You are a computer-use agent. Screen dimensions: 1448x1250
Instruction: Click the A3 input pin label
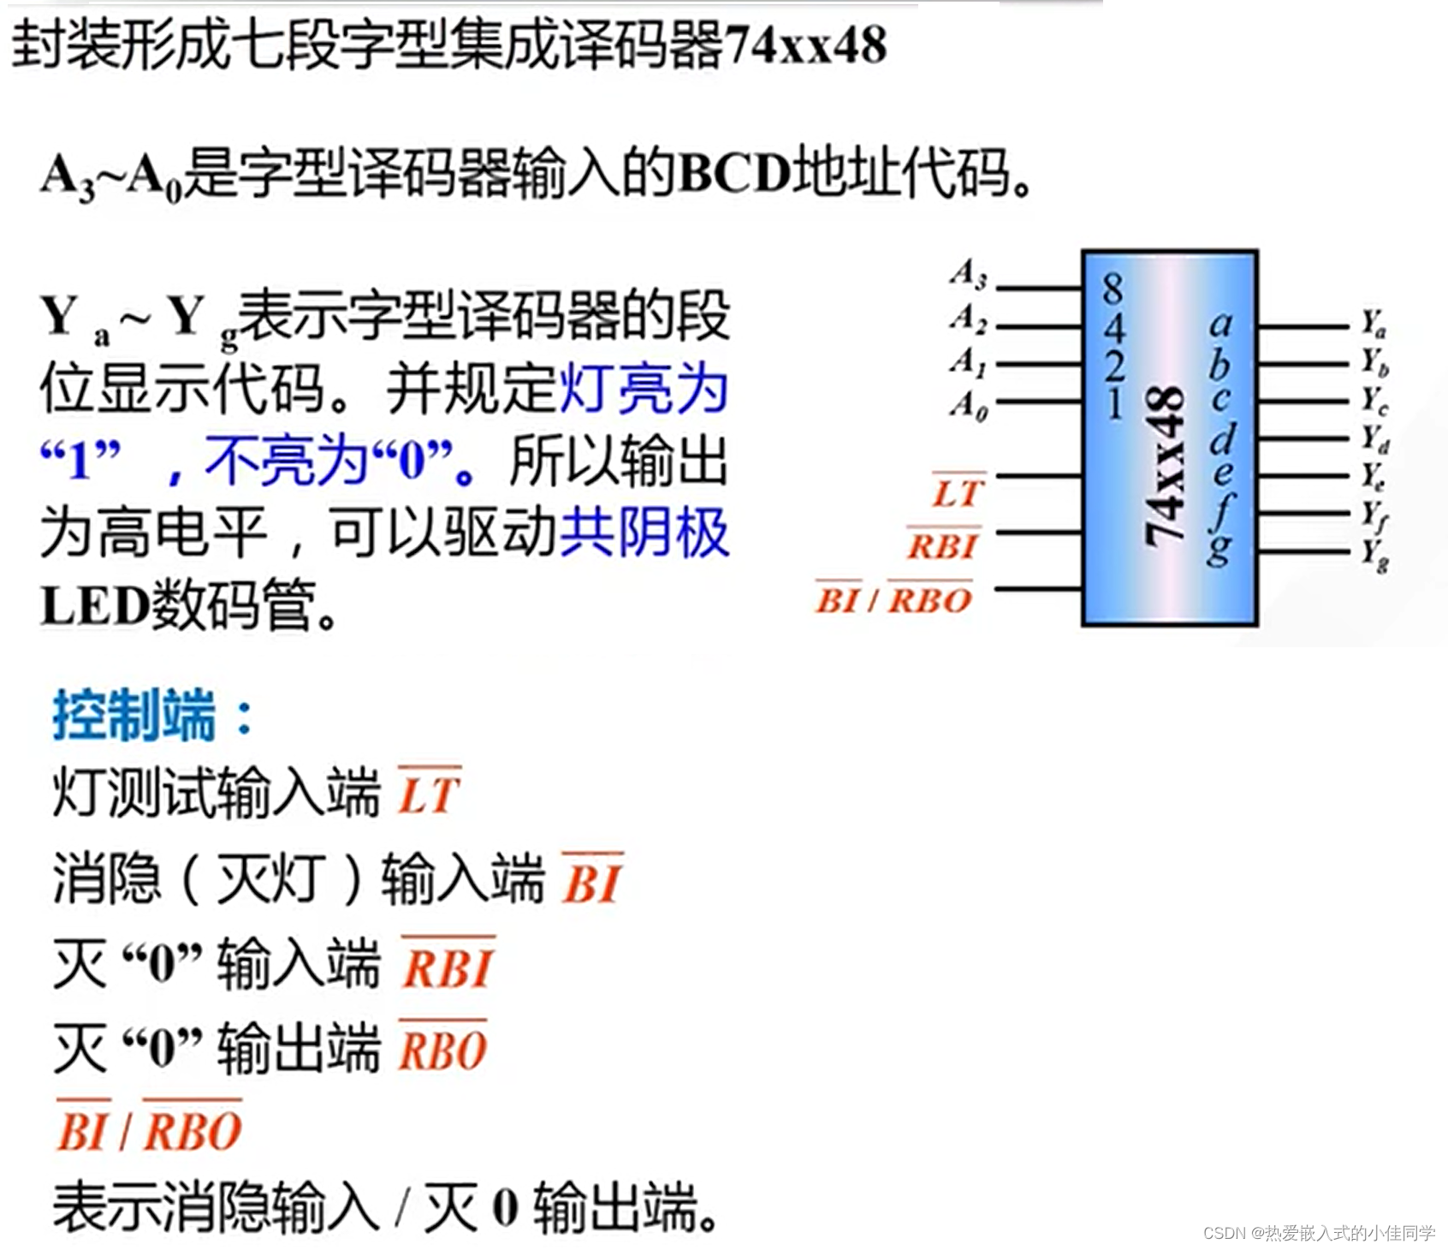[969, 275]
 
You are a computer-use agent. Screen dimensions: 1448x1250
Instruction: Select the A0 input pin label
[969, 404]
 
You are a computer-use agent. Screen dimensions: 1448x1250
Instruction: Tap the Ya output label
[1374, 324]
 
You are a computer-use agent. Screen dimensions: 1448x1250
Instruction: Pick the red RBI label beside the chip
[942, 545]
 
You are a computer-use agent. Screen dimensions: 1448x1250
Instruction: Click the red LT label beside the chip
[958, 493]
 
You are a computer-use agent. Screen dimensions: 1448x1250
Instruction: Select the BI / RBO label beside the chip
[893, 599]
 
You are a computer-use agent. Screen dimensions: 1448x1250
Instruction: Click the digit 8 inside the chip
[1113, 289]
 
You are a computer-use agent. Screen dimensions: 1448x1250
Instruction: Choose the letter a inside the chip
[1220, 324]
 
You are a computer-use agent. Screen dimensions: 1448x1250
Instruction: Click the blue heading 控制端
[134, 715]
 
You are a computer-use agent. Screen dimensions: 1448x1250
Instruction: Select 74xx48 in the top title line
[804, 45]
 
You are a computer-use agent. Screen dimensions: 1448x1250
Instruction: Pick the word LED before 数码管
[95, 606]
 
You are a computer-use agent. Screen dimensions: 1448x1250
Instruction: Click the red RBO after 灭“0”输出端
[442, 1051]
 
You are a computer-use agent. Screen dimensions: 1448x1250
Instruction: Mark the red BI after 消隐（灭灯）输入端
[591, 882]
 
